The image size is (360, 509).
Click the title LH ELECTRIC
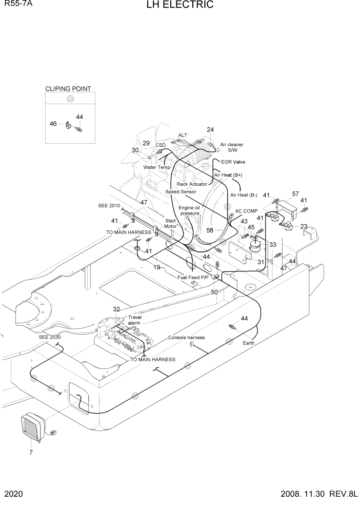(x=179, y=5)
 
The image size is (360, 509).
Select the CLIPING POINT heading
(x=68, y=89)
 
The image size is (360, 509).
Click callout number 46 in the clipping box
(x=53, y=124)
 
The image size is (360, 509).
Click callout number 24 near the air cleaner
(x=210, y=130)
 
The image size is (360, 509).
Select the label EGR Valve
(x=233, y=162)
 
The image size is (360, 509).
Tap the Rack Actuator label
(x=192, y=184)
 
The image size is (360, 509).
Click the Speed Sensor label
(x=181, y=191)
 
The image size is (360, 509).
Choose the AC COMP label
(x=247, y=211)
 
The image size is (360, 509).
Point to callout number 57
(x=295, y=194)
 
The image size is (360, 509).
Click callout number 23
(x=304, y=227)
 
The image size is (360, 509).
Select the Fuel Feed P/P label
(x=193, y=277)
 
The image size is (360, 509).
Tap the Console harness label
(x=186, y=338)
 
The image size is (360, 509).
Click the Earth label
(x=248, y=343)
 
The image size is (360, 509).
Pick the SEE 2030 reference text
(x=50, y=337)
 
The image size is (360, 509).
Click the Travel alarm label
(x=134, y=320)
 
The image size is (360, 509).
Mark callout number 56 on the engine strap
(x=210, y=230)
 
